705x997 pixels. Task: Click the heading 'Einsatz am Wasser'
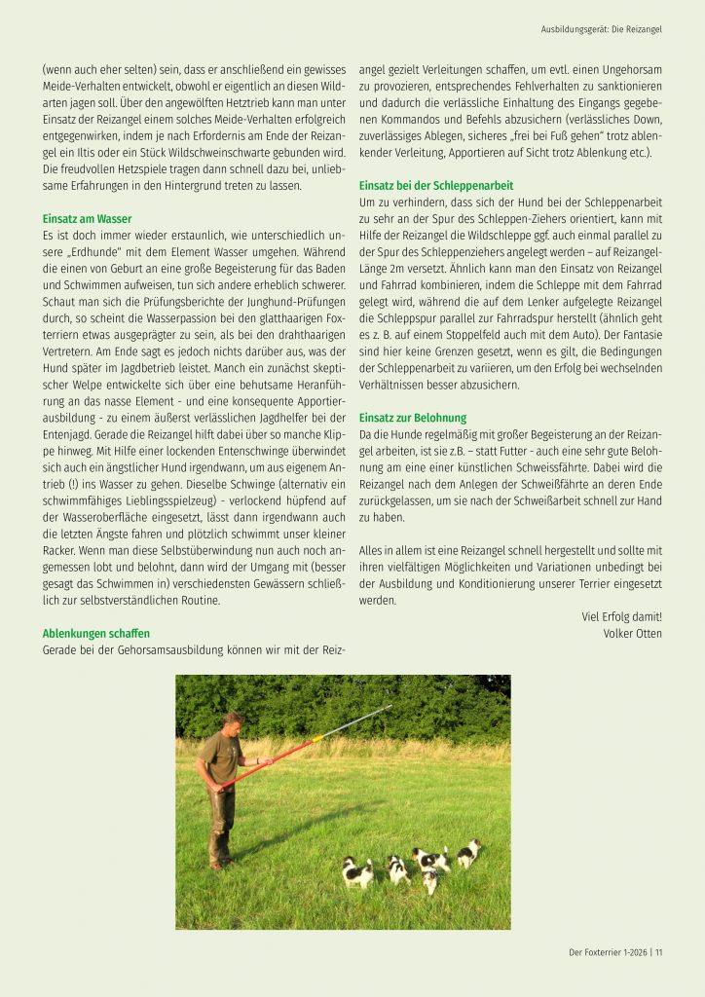pos(87,219)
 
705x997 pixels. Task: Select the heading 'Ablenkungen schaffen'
pos(95,633)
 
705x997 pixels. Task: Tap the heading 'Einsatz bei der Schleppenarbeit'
pos(436,185)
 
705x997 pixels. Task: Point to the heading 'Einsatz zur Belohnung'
pos(414,417)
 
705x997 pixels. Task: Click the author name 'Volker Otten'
pos(632,633)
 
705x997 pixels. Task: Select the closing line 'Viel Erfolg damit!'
pos(621,615)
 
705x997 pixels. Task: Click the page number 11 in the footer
pos(658,952)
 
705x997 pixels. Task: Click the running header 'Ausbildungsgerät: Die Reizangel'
pos(601,30)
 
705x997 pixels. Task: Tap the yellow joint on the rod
pos(316,741)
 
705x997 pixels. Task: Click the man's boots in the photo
pos(218,857)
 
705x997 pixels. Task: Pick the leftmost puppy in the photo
pos(355,871)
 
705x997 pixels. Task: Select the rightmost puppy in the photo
pos(469,853)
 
